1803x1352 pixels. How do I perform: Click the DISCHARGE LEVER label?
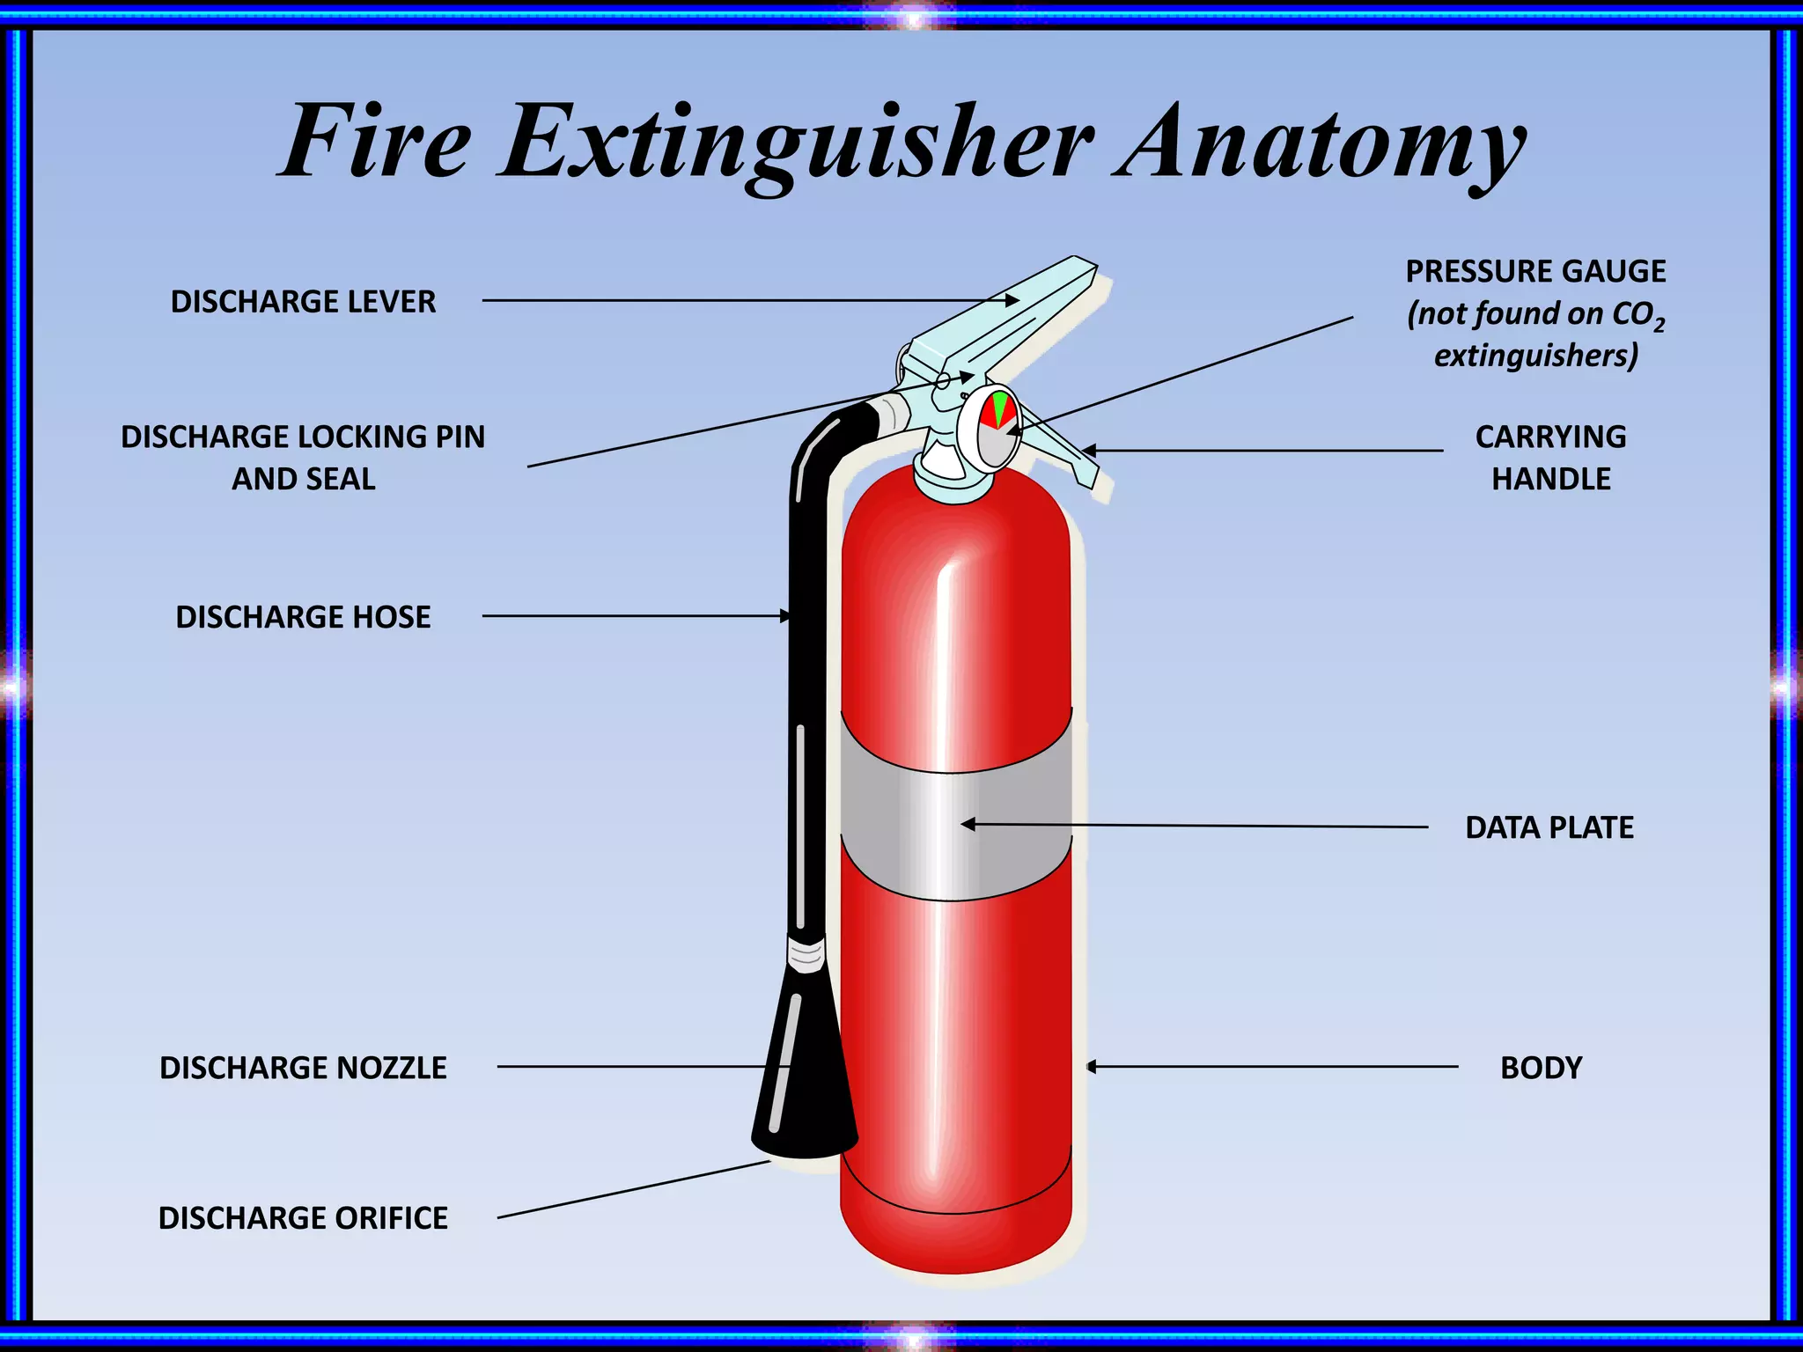pos(303,302)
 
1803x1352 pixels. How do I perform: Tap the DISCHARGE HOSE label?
pos(303,617)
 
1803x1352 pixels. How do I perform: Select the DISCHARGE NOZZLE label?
pos(303,1068)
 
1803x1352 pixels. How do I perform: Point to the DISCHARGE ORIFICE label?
pos(303,1218)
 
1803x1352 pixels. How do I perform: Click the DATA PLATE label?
pos(1549,827)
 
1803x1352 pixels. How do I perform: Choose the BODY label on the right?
pos(1541,1068)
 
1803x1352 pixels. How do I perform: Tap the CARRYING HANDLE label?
pos(1550,458)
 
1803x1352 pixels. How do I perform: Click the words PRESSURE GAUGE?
pos(1535,271)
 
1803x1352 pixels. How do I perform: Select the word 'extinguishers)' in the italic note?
pos(1536,356)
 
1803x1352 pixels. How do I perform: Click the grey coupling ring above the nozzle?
pos(806,954)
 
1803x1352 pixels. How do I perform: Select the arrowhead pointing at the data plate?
pos(968,825)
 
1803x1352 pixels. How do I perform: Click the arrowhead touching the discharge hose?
pos(784,616)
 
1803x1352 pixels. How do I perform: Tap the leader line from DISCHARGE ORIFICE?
pos(634,1190)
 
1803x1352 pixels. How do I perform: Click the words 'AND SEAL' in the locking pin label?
pos(303,479)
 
